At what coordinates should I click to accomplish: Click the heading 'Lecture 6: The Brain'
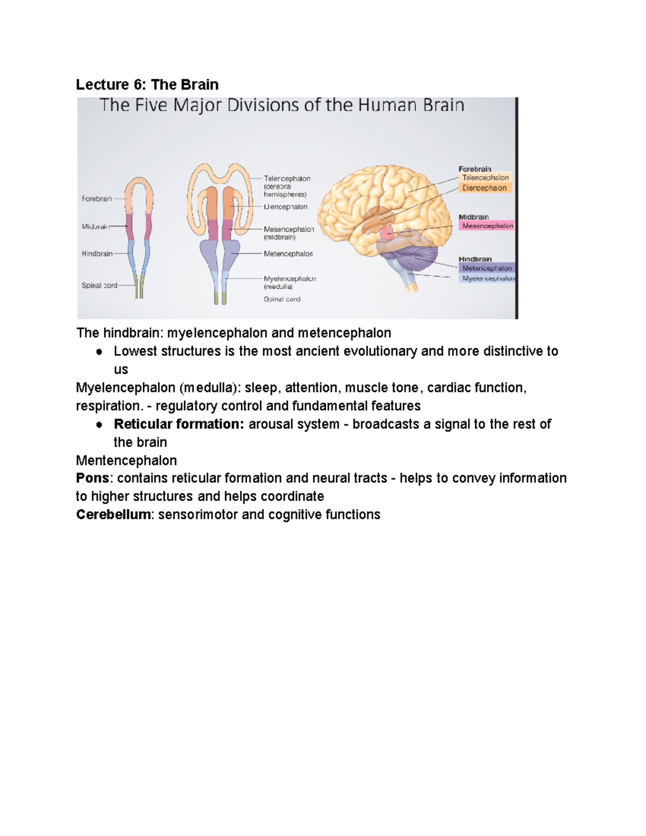tap(147, 85)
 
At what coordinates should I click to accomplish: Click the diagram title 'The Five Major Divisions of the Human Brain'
tap(282, 105)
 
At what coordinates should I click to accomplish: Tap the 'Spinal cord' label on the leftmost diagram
tap(99, 285)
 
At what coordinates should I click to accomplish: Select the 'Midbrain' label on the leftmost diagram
tap(95, 227)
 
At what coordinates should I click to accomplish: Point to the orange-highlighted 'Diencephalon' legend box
tap(484, 188)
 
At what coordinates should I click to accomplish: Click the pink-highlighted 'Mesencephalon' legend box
tap(487, 226)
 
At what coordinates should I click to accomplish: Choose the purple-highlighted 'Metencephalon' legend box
tap(487, 268)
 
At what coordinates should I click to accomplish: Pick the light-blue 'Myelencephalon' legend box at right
tap(488, 278)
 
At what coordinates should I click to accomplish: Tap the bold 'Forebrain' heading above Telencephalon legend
tap(475, 169)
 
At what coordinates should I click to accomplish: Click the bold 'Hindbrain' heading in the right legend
tap(475, 259)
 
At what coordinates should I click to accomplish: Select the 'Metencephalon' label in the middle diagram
tap(288, 254)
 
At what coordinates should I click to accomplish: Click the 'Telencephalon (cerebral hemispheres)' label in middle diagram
tap(286, 186)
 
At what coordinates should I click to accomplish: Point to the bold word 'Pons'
tap(93, 478)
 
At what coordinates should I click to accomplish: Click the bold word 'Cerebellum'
tap(113, 515)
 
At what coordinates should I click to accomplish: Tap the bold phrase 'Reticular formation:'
tap(179, 424)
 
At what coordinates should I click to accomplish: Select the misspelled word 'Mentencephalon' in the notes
tap(126, 460)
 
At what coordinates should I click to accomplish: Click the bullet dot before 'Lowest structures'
tap(99, 352)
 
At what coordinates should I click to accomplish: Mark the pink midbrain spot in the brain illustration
tap(387, 233)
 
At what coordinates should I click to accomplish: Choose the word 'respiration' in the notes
tap(108, 406)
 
